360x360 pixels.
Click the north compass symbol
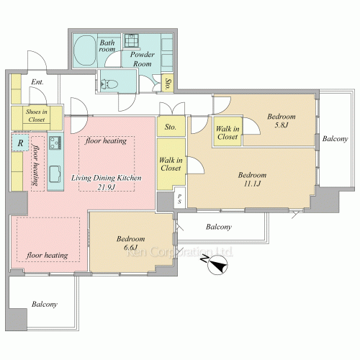tap(217, 265)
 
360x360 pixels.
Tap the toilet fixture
tap(109, 84)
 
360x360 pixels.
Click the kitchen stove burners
tap(55, 143)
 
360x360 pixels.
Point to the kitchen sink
tap(55, 174)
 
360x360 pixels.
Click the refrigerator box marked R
tap(20, 143)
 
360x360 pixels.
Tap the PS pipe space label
tap(179, 199)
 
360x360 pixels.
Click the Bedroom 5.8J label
tap(282, 120)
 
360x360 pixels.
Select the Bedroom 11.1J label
tap(252, 179)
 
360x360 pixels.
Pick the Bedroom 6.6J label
tap(130, 243)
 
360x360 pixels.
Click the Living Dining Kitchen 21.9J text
tap(107, 182)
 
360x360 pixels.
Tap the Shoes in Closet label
tap(37, 115)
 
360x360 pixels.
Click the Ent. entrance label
tap(37, 82)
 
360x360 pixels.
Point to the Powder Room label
tap(143, 59)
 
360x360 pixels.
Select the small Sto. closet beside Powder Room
tap(168, 83)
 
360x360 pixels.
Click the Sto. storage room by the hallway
tap(171, 127)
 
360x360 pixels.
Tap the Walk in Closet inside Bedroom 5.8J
tap(228, 132)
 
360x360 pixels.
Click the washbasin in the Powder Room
tap(131, 40)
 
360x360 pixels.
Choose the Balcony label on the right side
tap(335, 139)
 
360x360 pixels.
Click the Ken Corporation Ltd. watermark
tap(179, 252)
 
